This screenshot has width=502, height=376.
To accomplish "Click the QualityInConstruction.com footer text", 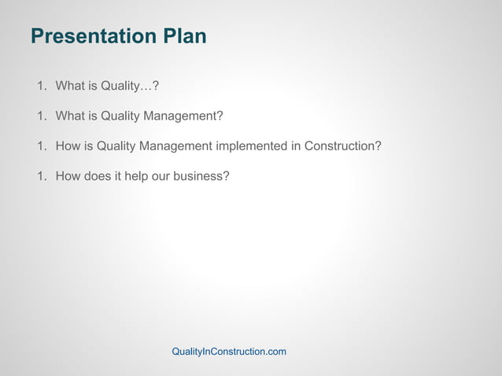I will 229,352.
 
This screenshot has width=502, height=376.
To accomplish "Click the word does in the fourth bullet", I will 98,175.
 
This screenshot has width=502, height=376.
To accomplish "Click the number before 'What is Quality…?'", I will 41,86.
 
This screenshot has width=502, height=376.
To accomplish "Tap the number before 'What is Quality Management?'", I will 41,116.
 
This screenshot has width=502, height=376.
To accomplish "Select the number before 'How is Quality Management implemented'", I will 41,146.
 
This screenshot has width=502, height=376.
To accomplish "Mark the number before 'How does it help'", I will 41,175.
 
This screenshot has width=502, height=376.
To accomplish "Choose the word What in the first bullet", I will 70,86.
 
